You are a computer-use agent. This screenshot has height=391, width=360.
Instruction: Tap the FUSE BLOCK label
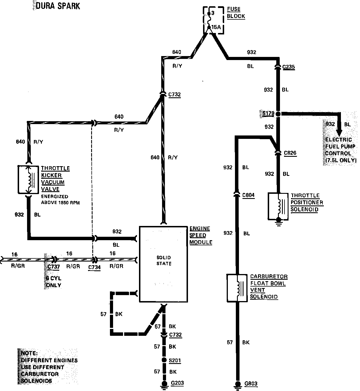point(236,13)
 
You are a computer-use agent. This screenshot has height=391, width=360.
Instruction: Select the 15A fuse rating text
point(216,27)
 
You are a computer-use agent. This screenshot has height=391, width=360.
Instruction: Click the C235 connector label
point(288,67)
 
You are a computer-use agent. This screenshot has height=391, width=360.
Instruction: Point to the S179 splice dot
point(278,114)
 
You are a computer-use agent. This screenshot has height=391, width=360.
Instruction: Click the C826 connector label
point(290,153)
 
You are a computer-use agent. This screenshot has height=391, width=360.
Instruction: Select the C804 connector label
point(248,195)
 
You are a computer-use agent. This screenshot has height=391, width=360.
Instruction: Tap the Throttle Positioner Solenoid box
point(279,206)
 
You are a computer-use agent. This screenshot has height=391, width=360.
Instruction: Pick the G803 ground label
point(251,383)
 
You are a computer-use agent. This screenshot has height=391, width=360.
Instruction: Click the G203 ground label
point(177,383)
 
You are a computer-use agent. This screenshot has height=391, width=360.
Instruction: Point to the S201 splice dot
point(164,360)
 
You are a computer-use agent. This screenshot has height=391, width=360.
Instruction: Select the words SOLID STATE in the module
point(164,260)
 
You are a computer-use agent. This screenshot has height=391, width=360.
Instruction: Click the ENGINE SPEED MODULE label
point(201,235)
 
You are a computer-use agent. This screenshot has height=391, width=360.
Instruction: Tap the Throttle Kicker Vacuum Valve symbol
point(28,180)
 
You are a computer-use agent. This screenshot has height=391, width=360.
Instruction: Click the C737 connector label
point(54,267)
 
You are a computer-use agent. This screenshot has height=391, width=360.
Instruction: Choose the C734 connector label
point(94,267)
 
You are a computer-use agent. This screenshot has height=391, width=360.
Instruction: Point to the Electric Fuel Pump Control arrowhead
point(339,133)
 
